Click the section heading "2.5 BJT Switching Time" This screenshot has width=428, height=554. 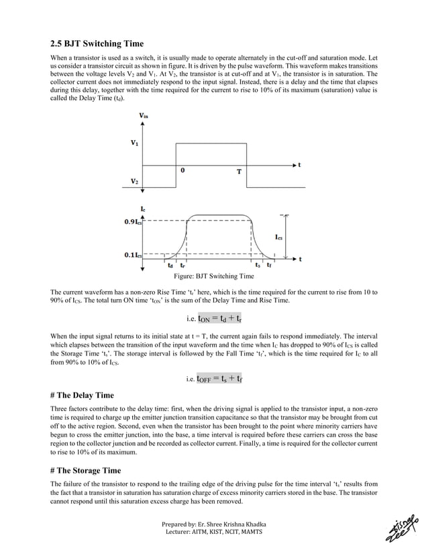click(x=97, y=44)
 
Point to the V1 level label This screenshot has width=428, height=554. click(x=136, y=143)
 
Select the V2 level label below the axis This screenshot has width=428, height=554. click(x=136, y=182)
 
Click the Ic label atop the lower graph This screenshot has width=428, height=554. click(x=144, y=210)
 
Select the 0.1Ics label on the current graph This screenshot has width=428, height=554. click(x=132, y=255)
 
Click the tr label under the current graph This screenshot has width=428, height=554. click(x=183, y=265)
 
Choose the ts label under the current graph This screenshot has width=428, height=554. click(x=258, y=265)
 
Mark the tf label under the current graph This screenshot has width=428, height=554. click(x=269, y=265)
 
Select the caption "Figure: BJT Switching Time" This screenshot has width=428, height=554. click(x=214, y=276)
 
